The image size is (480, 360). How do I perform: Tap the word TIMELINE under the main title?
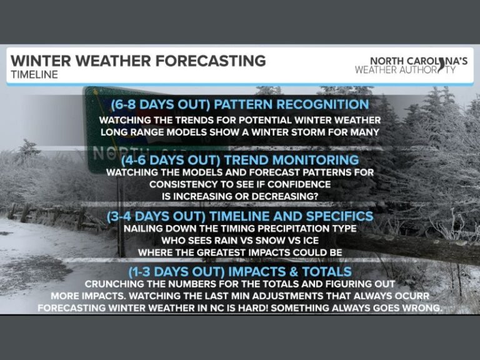(x=34, y=74)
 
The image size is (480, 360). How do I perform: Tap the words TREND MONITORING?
(x=289, y=160)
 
